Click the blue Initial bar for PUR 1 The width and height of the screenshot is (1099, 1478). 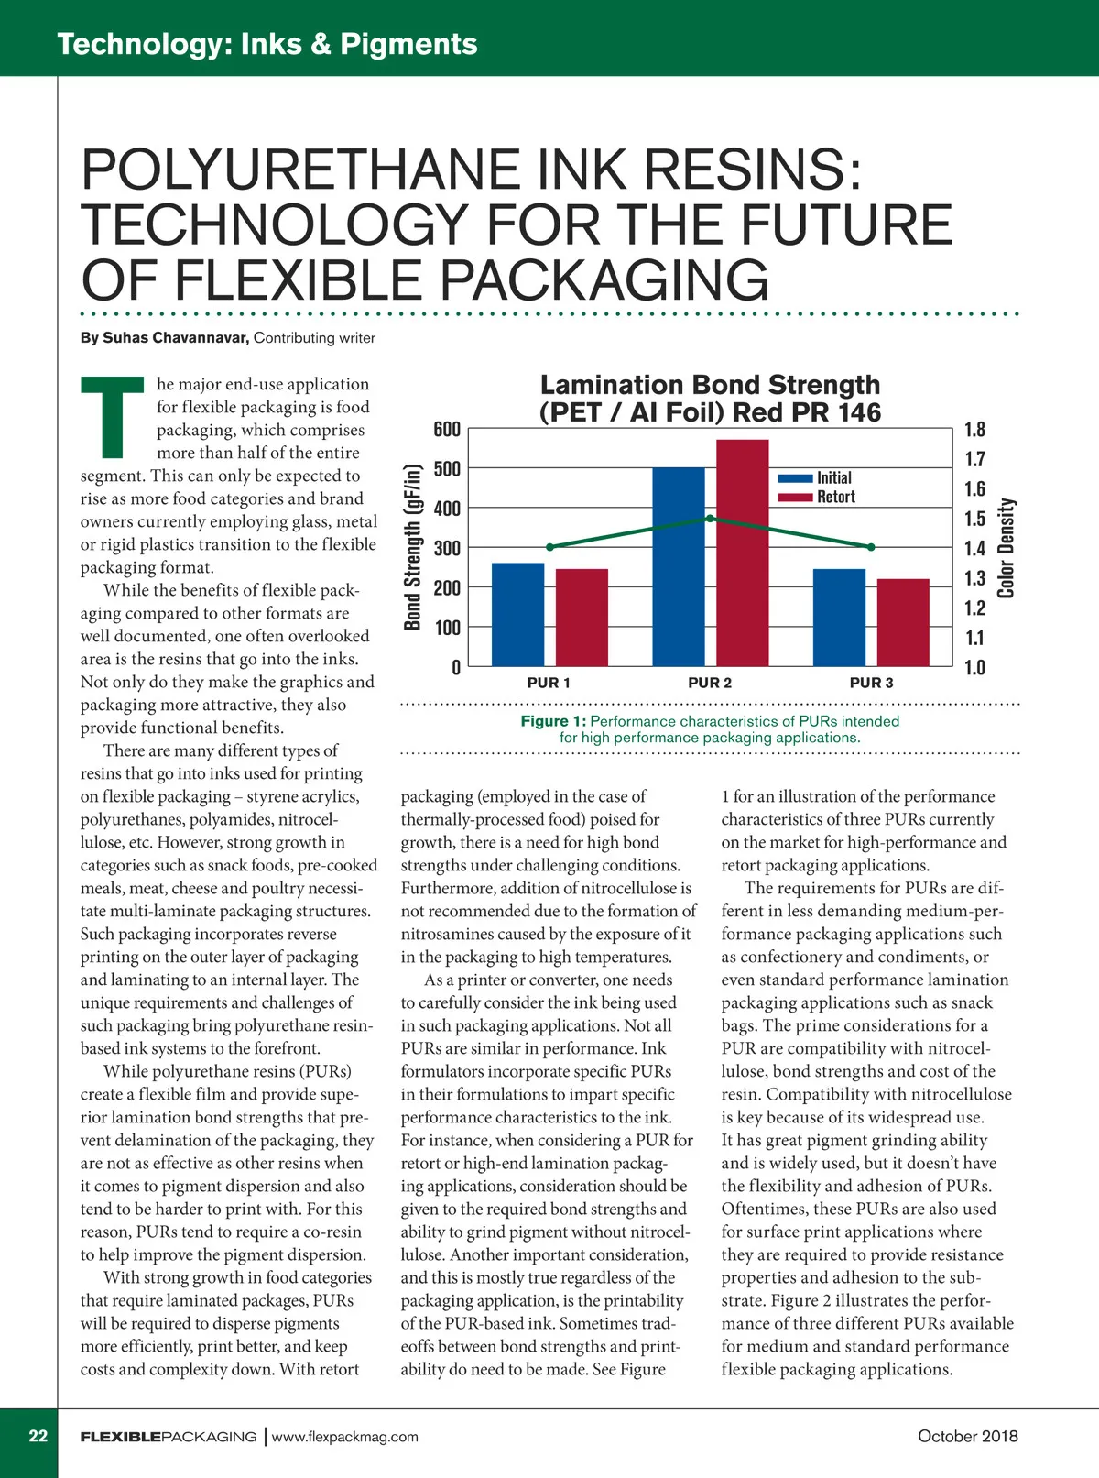518,614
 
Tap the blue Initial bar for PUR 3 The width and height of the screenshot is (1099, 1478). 839,618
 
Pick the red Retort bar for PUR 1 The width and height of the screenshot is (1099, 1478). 582,618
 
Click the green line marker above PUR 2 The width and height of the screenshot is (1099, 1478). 711,519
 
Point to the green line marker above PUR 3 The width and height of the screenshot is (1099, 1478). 871,547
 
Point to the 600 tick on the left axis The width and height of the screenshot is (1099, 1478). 446,430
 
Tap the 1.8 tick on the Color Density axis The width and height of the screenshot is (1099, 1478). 975,430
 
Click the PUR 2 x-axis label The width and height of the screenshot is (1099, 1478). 710,683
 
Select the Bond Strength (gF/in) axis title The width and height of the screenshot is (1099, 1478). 413,548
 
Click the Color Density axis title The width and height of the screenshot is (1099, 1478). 1007,548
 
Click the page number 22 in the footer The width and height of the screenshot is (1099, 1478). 38,1436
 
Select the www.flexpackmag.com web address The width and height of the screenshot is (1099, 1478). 345,1437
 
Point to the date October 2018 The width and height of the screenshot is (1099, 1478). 967,1436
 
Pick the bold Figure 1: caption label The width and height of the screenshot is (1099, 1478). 553,721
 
